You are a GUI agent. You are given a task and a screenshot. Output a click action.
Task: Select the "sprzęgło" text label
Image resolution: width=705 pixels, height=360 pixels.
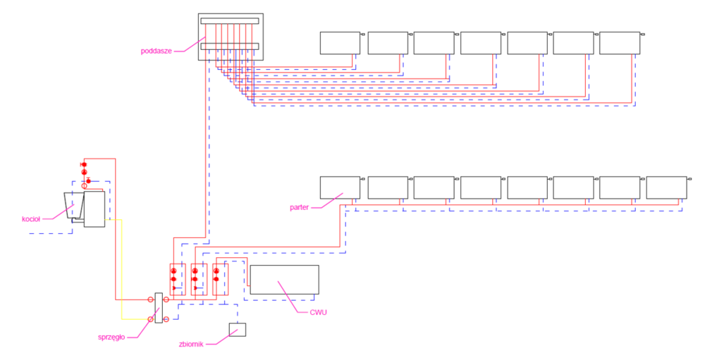click(x=111, y=337)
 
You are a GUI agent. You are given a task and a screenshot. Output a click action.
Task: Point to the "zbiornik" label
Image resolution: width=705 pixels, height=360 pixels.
click(x=190, y=344)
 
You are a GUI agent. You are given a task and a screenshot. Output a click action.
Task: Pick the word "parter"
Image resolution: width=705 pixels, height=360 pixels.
click(x=301, y=208)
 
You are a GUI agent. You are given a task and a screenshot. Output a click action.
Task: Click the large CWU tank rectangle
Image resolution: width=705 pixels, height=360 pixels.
click(x=284, y=280)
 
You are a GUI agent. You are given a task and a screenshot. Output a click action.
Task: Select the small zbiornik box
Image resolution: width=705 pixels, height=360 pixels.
click(x=237, y=329)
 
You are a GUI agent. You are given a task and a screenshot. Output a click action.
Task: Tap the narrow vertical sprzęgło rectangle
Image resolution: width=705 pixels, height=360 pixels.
click(x=159, y=308)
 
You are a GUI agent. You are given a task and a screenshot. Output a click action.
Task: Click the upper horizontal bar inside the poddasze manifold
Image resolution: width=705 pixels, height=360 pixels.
click(x=230, y=21)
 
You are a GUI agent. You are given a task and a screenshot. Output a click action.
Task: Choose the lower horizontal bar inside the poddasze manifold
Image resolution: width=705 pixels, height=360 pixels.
click(x=230, y=46)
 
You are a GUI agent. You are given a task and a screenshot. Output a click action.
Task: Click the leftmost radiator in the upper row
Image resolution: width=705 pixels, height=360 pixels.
click(x=340, y=43)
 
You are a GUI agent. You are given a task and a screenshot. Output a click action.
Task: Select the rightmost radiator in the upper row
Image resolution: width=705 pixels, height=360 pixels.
click(x=619, y=43)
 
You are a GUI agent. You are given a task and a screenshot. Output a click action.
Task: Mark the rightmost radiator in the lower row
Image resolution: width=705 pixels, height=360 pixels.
click(x=666, y=187)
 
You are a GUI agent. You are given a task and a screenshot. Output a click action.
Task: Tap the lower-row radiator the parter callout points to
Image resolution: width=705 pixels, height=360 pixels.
click(x=340, y=187)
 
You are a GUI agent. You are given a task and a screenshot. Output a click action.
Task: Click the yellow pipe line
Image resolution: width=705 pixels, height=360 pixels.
click(x=121, y=268)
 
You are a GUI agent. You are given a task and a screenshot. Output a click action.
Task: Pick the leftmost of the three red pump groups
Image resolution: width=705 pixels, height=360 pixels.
click(x=175, y=280)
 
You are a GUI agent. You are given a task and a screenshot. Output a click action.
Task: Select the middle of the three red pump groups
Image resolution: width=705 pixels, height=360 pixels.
click(x=195, y=280)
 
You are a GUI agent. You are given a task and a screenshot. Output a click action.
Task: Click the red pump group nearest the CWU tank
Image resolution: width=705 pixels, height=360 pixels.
click(x=218, y=280)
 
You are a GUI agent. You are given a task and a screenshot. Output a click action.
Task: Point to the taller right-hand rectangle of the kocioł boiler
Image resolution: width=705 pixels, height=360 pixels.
click(x=94, y=209)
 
